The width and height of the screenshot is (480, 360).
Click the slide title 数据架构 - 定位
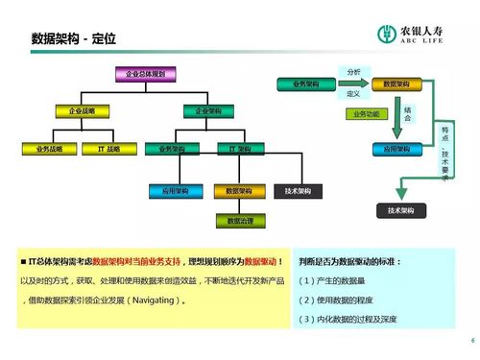(73, 38)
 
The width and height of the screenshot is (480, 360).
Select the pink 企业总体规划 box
(146, 74)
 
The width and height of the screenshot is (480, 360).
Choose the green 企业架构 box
(208, 112)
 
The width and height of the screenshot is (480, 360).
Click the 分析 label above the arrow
(353, 72)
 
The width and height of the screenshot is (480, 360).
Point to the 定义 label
(352, 93)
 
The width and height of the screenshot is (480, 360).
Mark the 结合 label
(408, 115)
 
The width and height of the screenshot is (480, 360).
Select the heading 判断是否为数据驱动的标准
(351, 262)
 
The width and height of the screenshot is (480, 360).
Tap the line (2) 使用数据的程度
(337, 300)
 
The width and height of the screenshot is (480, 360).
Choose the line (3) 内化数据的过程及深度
(348, 320)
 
